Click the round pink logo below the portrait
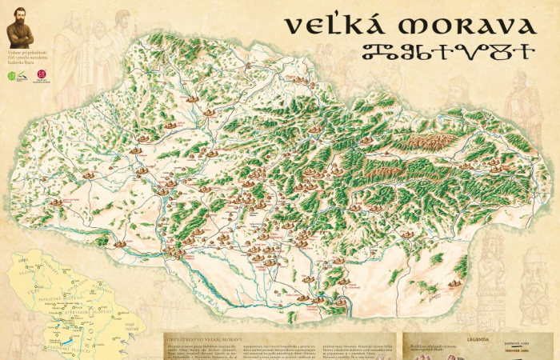point(42,75)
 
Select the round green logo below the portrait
point(11,76)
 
